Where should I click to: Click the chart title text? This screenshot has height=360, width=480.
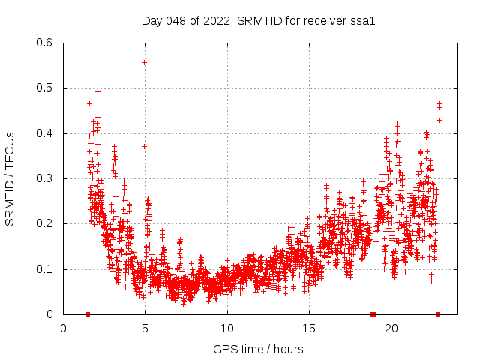click(x=258, y=20)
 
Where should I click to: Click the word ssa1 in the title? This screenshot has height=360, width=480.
click(x=363, y=20)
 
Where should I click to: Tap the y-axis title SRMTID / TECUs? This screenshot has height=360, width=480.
click(x=10, y=178)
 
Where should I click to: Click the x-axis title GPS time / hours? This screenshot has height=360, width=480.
click(x=258, y=349)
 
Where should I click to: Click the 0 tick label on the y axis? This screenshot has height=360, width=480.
click(x=49, y=314)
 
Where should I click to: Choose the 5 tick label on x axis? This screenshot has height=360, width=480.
click(x=145, y=328)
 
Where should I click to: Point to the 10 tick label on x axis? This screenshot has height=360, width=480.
click(x=227, y=328)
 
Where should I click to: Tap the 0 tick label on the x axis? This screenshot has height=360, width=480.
click(x=64, y=328)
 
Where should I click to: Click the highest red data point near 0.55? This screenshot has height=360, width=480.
click(x=144, y=62)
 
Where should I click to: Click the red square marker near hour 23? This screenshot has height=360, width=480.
click(x=437, y=314)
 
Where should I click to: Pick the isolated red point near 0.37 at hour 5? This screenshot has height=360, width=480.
click(x=144, y=146)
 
